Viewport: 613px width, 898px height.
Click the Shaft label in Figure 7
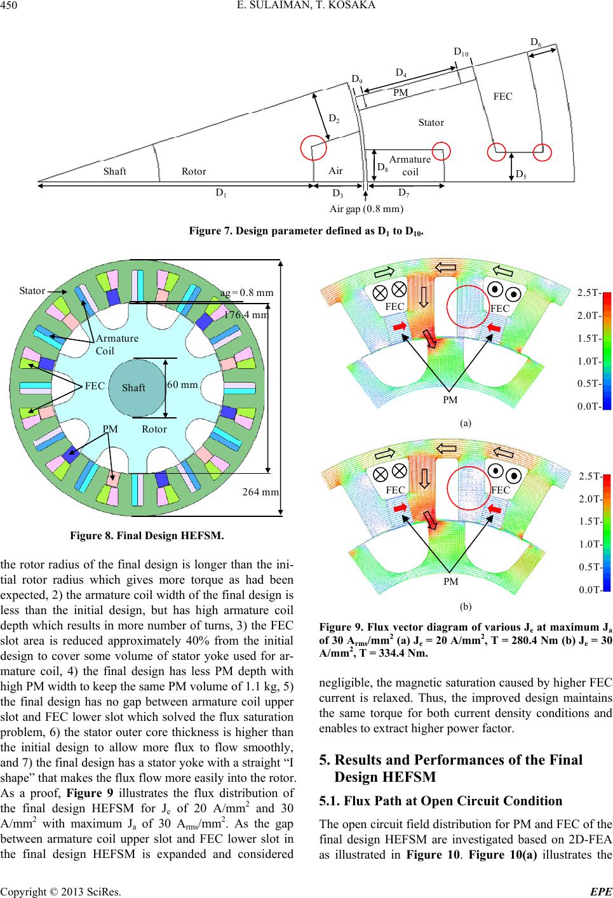point(115,171)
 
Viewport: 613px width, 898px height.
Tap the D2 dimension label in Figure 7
point(334,119)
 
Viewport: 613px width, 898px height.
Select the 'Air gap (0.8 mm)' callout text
point(367,209)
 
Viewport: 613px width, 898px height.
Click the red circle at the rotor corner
point(314,147)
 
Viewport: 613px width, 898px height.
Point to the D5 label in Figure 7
point(521,175)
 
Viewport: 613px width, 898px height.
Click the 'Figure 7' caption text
point(306,231)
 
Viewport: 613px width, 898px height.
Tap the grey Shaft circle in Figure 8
point(137,387)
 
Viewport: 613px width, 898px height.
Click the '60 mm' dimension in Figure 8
point(182,385)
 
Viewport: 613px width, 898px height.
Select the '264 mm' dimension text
point(260,492)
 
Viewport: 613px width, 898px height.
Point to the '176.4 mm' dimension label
point(246,315)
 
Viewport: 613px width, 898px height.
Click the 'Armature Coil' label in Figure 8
point(117,344)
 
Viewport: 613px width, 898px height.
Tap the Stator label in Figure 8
point(32,291)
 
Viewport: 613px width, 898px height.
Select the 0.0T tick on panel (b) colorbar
point(589,590)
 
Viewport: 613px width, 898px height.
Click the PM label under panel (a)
point(450,400)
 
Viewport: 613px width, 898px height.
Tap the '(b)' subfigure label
point(466,606)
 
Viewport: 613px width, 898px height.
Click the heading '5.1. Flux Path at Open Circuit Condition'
point(441,801)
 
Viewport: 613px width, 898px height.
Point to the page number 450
point(9,5)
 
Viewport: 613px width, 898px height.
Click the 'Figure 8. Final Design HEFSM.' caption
point(147,535)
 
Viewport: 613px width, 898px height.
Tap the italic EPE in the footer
point(601,892)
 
